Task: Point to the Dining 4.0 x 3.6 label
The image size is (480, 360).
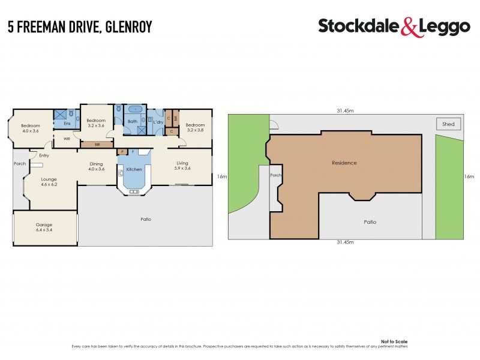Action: (97, 166)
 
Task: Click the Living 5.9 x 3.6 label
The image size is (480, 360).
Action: (182, 166)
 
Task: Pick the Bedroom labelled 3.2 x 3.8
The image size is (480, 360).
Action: (195, 128)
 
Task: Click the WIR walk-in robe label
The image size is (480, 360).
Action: (67, 139)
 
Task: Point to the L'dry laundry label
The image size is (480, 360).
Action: (158, 122)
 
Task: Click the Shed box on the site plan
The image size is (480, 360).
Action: (448, 124)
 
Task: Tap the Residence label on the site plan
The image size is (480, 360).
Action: (344, 163)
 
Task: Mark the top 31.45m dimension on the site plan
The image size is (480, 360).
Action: (344, 110)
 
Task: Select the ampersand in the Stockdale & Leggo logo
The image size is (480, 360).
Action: (391, 26)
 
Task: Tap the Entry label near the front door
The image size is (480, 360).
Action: (43, 155)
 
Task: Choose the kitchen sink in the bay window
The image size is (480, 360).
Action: (133, 191)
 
